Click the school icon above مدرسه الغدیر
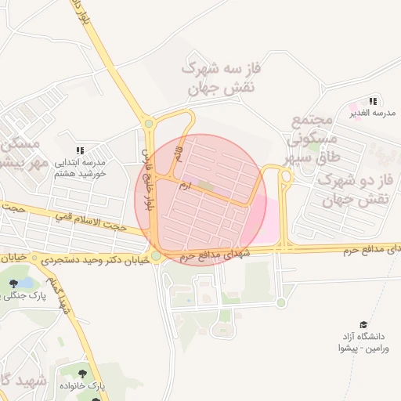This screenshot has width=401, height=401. tap(374, 101)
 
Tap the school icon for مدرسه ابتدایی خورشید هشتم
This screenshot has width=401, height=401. tap(79, 150)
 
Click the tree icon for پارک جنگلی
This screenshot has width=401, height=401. tap(13, 284)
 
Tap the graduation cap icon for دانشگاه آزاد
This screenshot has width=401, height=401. tap(363, 324)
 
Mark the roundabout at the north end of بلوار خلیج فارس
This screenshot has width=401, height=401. tap(149, 123)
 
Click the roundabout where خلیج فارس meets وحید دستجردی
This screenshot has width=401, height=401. tap(157, 255)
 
